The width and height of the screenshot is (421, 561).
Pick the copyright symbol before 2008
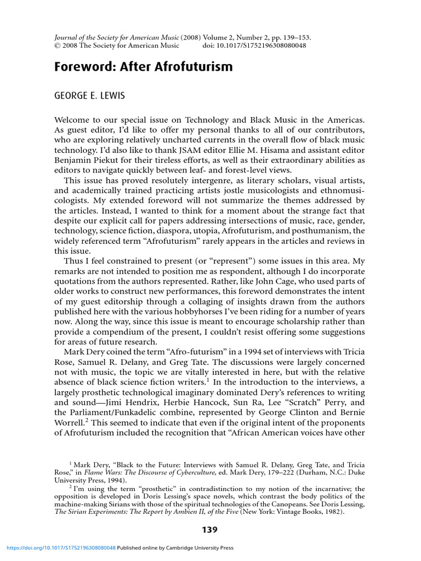[x=57, y=46]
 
